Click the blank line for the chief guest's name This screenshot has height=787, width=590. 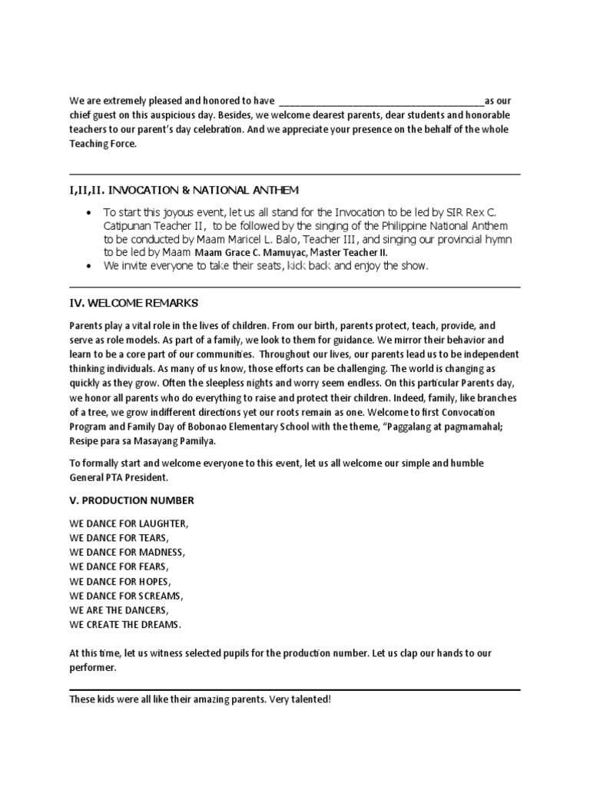tap(381, 101)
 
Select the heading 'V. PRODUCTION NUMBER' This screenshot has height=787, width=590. tap(131, 500)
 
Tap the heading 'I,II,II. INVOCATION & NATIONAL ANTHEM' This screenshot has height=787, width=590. tap(184, 190)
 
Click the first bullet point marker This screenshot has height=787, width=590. tap(91, 213)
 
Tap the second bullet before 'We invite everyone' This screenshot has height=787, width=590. tap(91, 266)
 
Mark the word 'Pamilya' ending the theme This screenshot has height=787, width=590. tap(197, 441)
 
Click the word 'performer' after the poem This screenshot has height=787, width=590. tap(92, 667)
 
